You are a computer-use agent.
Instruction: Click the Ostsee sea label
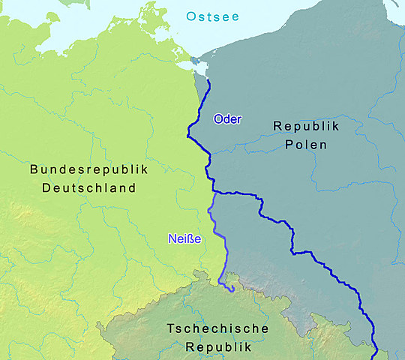tap(214, 16)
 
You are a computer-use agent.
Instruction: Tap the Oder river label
tap(227, 119)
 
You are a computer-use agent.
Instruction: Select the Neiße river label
tap(183, 239)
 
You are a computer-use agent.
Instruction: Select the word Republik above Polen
tap(306, 126)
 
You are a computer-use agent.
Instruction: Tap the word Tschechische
tap(217, 329)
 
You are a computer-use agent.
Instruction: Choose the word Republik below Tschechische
tap(217, 347)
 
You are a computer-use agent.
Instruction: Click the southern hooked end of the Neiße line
tap(232, 289)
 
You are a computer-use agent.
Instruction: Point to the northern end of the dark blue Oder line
tap(207, 80)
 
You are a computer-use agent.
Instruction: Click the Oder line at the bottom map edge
tap(375, 357)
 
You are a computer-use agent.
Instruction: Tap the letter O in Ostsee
tap(190, 16)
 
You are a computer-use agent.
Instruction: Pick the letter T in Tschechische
tap(170, 329)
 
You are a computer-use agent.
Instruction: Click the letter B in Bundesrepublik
tap(34, 169)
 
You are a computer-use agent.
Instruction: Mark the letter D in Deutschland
tap(46, 187)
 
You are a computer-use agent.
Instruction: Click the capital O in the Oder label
tap(217, 119)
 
